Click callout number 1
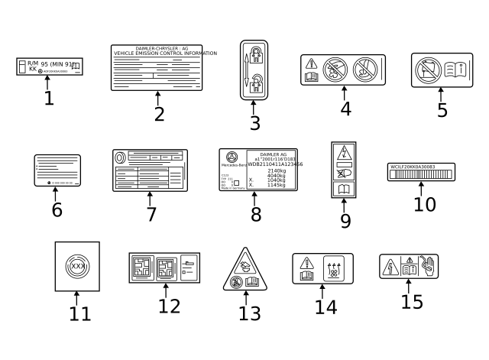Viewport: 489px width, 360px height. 49,99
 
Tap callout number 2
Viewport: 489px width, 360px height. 158,115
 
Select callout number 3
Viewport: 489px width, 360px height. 254,122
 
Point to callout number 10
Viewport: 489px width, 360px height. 425,204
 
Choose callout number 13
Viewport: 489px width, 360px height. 250,313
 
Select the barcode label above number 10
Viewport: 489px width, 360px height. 421,170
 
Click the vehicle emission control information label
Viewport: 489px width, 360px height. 157,68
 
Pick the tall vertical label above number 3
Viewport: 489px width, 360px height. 254,70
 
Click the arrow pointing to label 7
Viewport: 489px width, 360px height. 151,197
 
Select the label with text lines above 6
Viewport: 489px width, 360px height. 57,170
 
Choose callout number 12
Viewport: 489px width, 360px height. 170,306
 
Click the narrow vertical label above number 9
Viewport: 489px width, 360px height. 343,169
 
